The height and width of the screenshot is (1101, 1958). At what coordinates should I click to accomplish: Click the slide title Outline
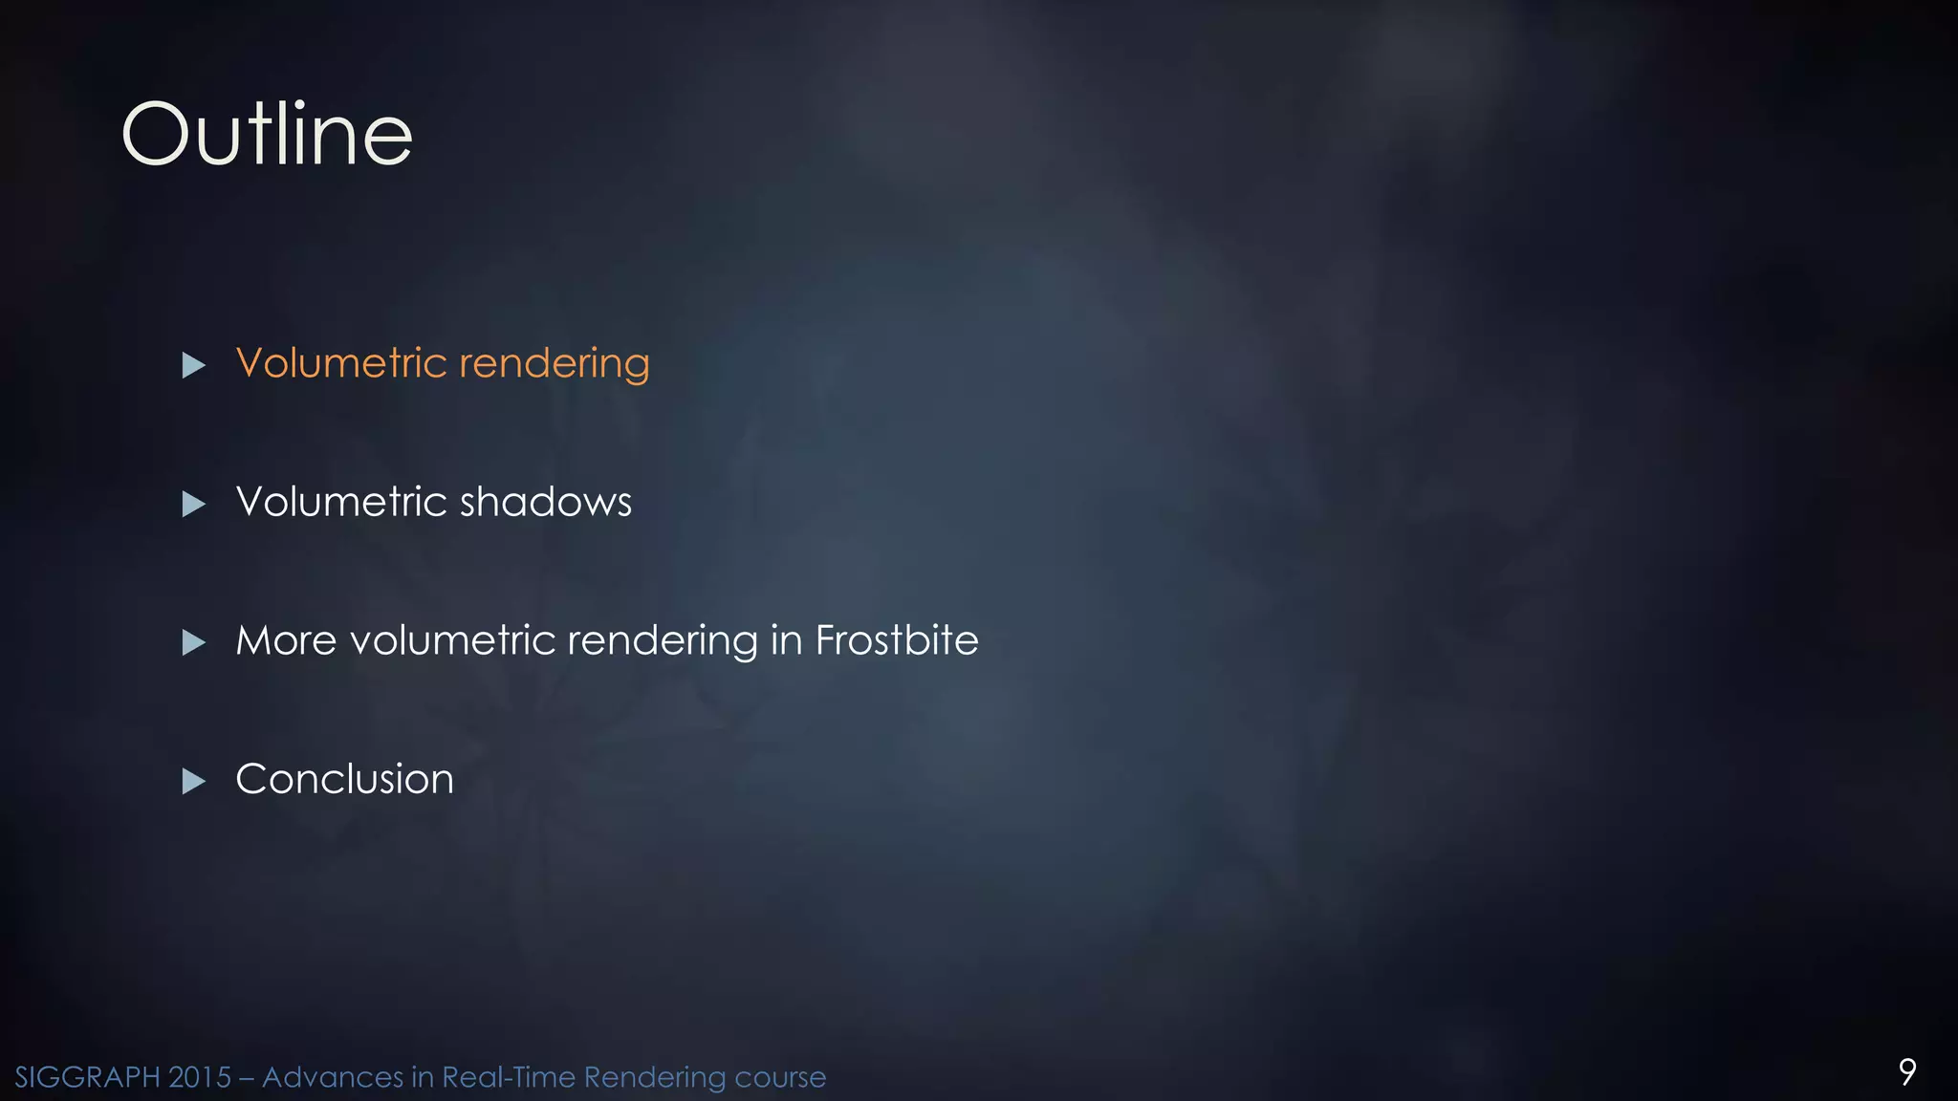(x=267, y=135)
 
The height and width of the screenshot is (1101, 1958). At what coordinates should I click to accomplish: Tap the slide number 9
(x=1906, y=1071)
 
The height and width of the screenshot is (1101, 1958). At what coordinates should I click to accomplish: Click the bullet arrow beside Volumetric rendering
(x=194, y=365)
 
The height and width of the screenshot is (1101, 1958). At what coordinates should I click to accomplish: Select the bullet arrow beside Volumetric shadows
(x=194, y=504)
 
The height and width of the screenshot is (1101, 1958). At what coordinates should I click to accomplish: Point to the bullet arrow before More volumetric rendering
(x=194, y=642)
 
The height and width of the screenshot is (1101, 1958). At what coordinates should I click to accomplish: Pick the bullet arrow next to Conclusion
(x=194, y=781)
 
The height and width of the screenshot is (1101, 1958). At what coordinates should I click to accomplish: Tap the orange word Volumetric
(x=341, y=363)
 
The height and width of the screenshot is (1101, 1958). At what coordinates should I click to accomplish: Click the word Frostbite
(x=897, y=640)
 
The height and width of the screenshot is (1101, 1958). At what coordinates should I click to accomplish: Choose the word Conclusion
(x=344, y=779)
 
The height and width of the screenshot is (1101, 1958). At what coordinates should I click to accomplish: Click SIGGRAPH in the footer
(x=87, y=1077)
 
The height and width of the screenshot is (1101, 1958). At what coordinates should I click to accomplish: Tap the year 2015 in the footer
(x=200, y=1077)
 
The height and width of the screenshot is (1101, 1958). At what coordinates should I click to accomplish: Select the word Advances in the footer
(x=332, y=1077)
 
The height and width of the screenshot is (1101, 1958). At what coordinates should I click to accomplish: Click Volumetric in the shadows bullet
(x=341, y=502)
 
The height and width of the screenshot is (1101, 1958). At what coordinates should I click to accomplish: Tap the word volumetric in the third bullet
(x=452, y=640)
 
